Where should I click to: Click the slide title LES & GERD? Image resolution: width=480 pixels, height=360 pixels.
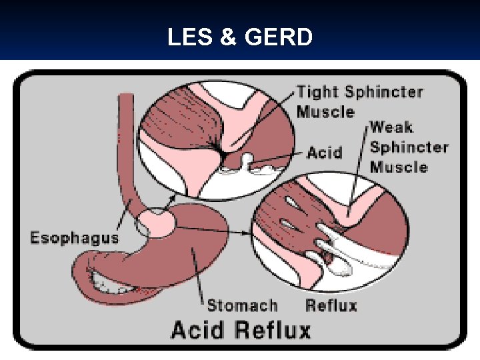click(239, 37)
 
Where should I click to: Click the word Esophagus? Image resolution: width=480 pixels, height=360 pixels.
click(75, 237)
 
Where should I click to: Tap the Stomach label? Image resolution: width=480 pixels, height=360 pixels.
click(242, 305)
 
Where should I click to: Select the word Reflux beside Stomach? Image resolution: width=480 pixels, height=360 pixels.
click(331, 305)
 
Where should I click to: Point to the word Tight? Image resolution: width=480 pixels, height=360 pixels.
click(317, 92)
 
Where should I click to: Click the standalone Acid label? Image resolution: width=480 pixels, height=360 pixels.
click(325, 153)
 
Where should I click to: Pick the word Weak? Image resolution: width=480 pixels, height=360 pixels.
click(391, 127)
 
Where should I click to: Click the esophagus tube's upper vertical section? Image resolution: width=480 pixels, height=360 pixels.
click(125, 133)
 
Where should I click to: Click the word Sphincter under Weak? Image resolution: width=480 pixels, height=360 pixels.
click(409, 147)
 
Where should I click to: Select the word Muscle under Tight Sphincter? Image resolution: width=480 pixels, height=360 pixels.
click(325, 111)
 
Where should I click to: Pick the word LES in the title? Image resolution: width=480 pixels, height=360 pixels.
click(189, 37)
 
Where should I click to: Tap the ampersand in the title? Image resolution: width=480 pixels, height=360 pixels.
click(228, 37)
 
